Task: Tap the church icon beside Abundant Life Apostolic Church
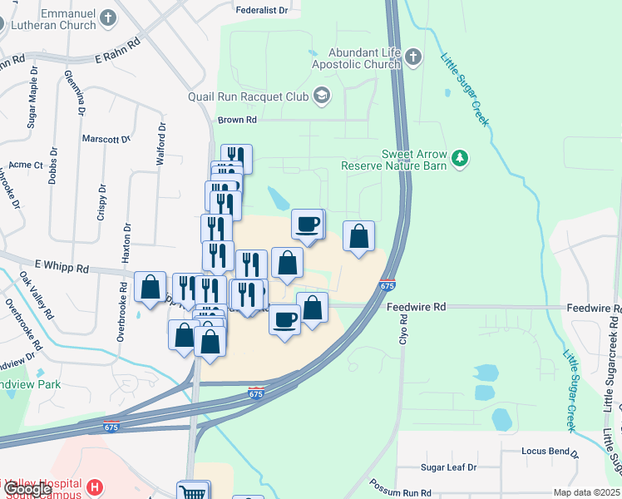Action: point(414,57)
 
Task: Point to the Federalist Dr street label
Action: point(262,11)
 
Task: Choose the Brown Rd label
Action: point(237,120)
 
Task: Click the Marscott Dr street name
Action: point(107,139)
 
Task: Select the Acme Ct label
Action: point(26,166)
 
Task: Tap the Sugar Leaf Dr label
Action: point(447,467)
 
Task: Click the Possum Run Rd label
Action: point(402,493)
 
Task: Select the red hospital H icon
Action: point(96,487)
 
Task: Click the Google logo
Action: point(27,490)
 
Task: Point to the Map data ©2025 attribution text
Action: point(586,492)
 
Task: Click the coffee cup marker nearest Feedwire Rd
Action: point(285,319)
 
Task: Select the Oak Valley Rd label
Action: point(37,295)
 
